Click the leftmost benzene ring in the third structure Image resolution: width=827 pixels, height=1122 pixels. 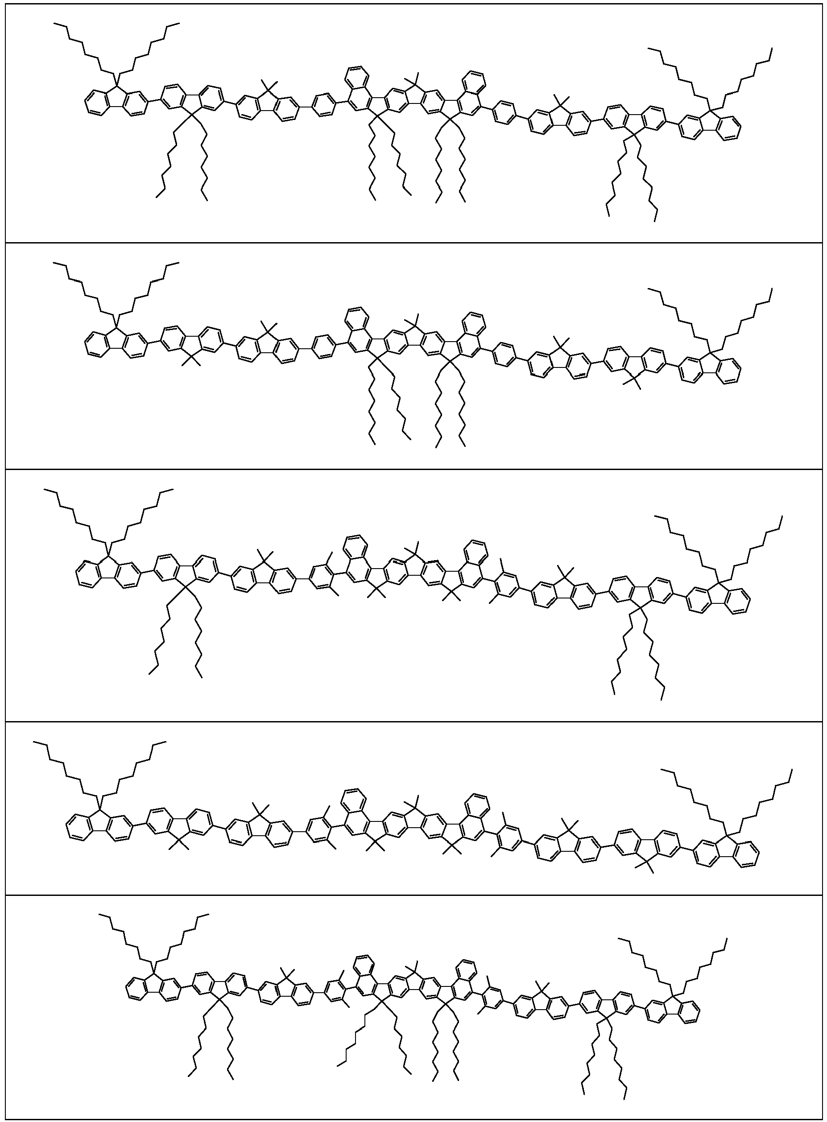click(x=87, y=574)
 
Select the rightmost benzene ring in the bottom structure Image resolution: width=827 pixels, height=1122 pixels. click(x=689, y=1011)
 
